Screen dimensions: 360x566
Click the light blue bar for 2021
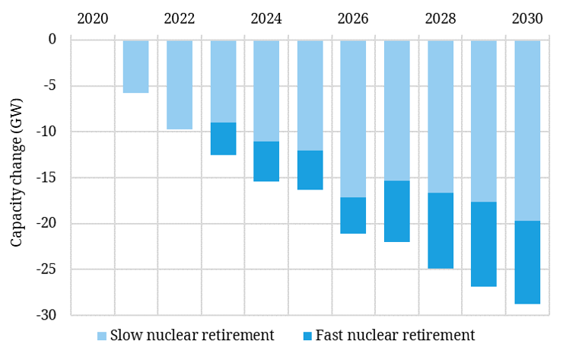[x=135, y=66]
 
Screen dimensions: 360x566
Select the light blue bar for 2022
[x=180, y=84]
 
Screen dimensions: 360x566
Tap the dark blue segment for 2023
[x=223, y=139]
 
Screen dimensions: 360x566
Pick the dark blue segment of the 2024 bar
[x=266, y=161]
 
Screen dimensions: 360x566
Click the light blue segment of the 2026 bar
[x=353, y=119]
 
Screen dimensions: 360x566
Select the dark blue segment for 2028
[x=440, y=231]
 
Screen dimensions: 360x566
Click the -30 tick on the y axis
[x=52, y=315]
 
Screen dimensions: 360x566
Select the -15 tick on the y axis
[x=52, y=177]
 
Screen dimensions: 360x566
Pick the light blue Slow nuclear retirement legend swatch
[x=102, y=336]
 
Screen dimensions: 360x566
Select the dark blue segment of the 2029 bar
[x=484, y=244]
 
